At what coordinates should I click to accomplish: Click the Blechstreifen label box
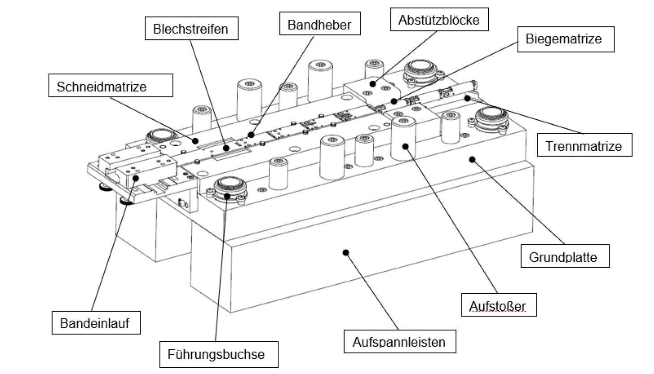coord(192,28)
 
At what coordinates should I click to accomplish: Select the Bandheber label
coord(320,23)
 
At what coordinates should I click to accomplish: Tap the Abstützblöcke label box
coord(439,19)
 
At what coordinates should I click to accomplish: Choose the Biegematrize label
coord(566,39)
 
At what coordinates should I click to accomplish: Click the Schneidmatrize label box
coord(111,85)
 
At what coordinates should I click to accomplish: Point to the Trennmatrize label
coord(585,145)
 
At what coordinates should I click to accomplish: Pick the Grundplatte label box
coord(565,256)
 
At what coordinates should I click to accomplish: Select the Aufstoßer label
coord(499,305)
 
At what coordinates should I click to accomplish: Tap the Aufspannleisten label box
coord(400,342)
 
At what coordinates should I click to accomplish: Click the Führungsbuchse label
coord(219,354)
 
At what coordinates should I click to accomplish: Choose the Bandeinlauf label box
coord(96,322)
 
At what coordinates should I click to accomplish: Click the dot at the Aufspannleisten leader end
coord(346,252)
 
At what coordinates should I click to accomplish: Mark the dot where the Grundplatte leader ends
coord(472,160)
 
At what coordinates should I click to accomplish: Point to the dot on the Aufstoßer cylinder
coord(405,146)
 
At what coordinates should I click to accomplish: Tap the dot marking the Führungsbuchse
coord(227,196)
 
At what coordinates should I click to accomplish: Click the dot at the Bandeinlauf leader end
coord(135,178)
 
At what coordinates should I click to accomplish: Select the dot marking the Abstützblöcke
coord(373,84)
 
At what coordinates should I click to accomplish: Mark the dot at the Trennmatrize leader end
coord(467,99)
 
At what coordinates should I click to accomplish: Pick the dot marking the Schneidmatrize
coord(195,141)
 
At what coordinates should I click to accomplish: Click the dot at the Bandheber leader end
coord(251,135)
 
